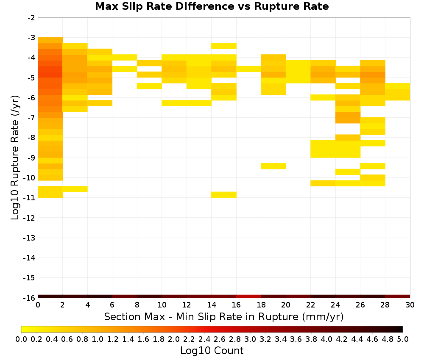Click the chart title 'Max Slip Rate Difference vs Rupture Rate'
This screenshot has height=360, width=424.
tap(212, 6)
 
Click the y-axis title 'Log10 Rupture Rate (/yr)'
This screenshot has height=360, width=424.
tap(15, 158)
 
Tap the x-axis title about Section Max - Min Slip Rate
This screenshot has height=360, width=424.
tap(223, 316)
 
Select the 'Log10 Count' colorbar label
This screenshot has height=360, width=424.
tap(212, 351)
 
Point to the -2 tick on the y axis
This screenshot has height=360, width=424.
tap(31, 18)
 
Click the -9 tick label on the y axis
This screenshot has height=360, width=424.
tap(31, 158)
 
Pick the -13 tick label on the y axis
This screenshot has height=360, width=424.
tap(30, 238)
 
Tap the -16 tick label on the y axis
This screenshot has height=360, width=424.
tap(30, 298)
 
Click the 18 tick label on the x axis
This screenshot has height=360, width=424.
tap(261, 305)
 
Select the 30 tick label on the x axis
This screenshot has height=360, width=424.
tap(410, 305)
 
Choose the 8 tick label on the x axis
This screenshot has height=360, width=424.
tap(137, 305)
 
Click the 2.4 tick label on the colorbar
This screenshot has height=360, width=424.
tap(204, 339)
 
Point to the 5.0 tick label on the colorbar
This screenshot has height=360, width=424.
tap(403, 339)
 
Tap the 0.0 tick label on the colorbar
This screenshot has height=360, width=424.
tap(21, 339)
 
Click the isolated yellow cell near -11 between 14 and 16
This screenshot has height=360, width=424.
tap(224, 195)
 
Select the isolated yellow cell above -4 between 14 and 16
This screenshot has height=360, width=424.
tap(224, 46)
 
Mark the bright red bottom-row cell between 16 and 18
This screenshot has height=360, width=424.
tap(248, 296)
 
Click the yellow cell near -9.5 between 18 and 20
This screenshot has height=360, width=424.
tap(273, 166)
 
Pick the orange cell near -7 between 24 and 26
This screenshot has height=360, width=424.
tap(348, 118)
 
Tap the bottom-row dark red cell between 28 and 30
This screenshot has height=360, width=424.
tap(398, 296)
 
